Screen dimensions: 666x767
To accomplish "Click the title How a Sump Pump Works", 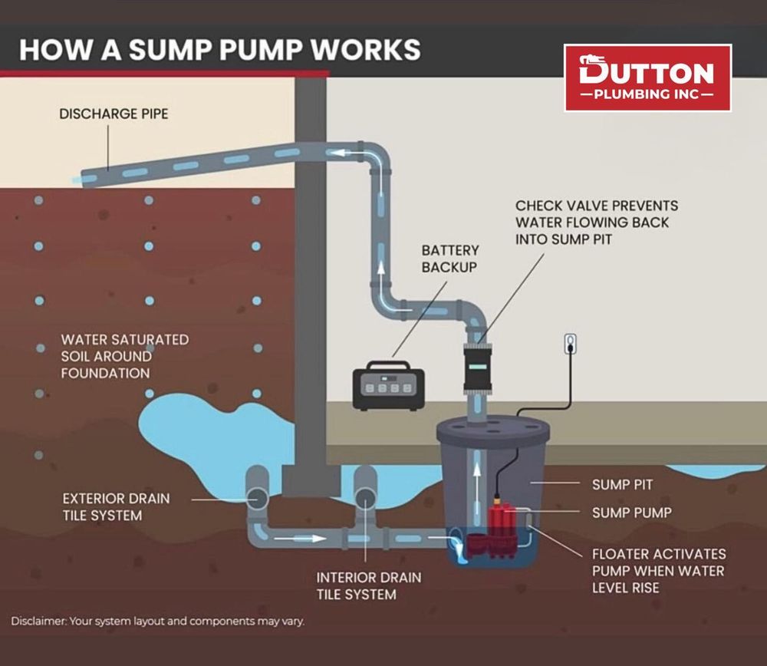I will pyautogui.click(x=219, y=48).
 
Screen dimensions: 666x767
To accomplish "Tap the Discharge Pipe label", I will pyautogui.click(x=114, y=114).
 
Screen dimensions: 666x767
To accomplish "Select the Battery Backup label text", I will pyautogui.click(x=450, y=259).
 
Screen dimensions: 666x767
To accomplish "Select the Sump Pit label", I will pyautogui.click(x=622, y=485).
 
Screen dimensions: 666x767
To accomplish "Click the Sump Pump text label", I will pyautogui.click(x=631, y=513).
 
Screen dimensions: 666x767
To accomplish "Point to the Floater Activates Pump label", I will pyautogui.click(x=658, y=570).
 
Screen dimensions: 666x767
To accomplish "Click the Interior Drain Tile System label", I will pyautogui.click(x=369, y=585).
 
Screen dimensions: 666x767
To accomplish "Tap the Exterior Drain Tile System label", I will pyautogui.click(x=116, y=506).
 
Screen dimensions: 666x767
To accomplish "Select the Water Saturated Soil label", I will pyautogui.click(x=124, y=356).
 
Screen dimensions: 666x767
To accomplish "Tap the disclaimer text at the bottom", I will pyautogui.click(x=157, y=621).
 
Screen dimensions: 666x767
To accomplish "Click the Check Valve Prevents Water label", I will pyautogui.click(x=596, y=223).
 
